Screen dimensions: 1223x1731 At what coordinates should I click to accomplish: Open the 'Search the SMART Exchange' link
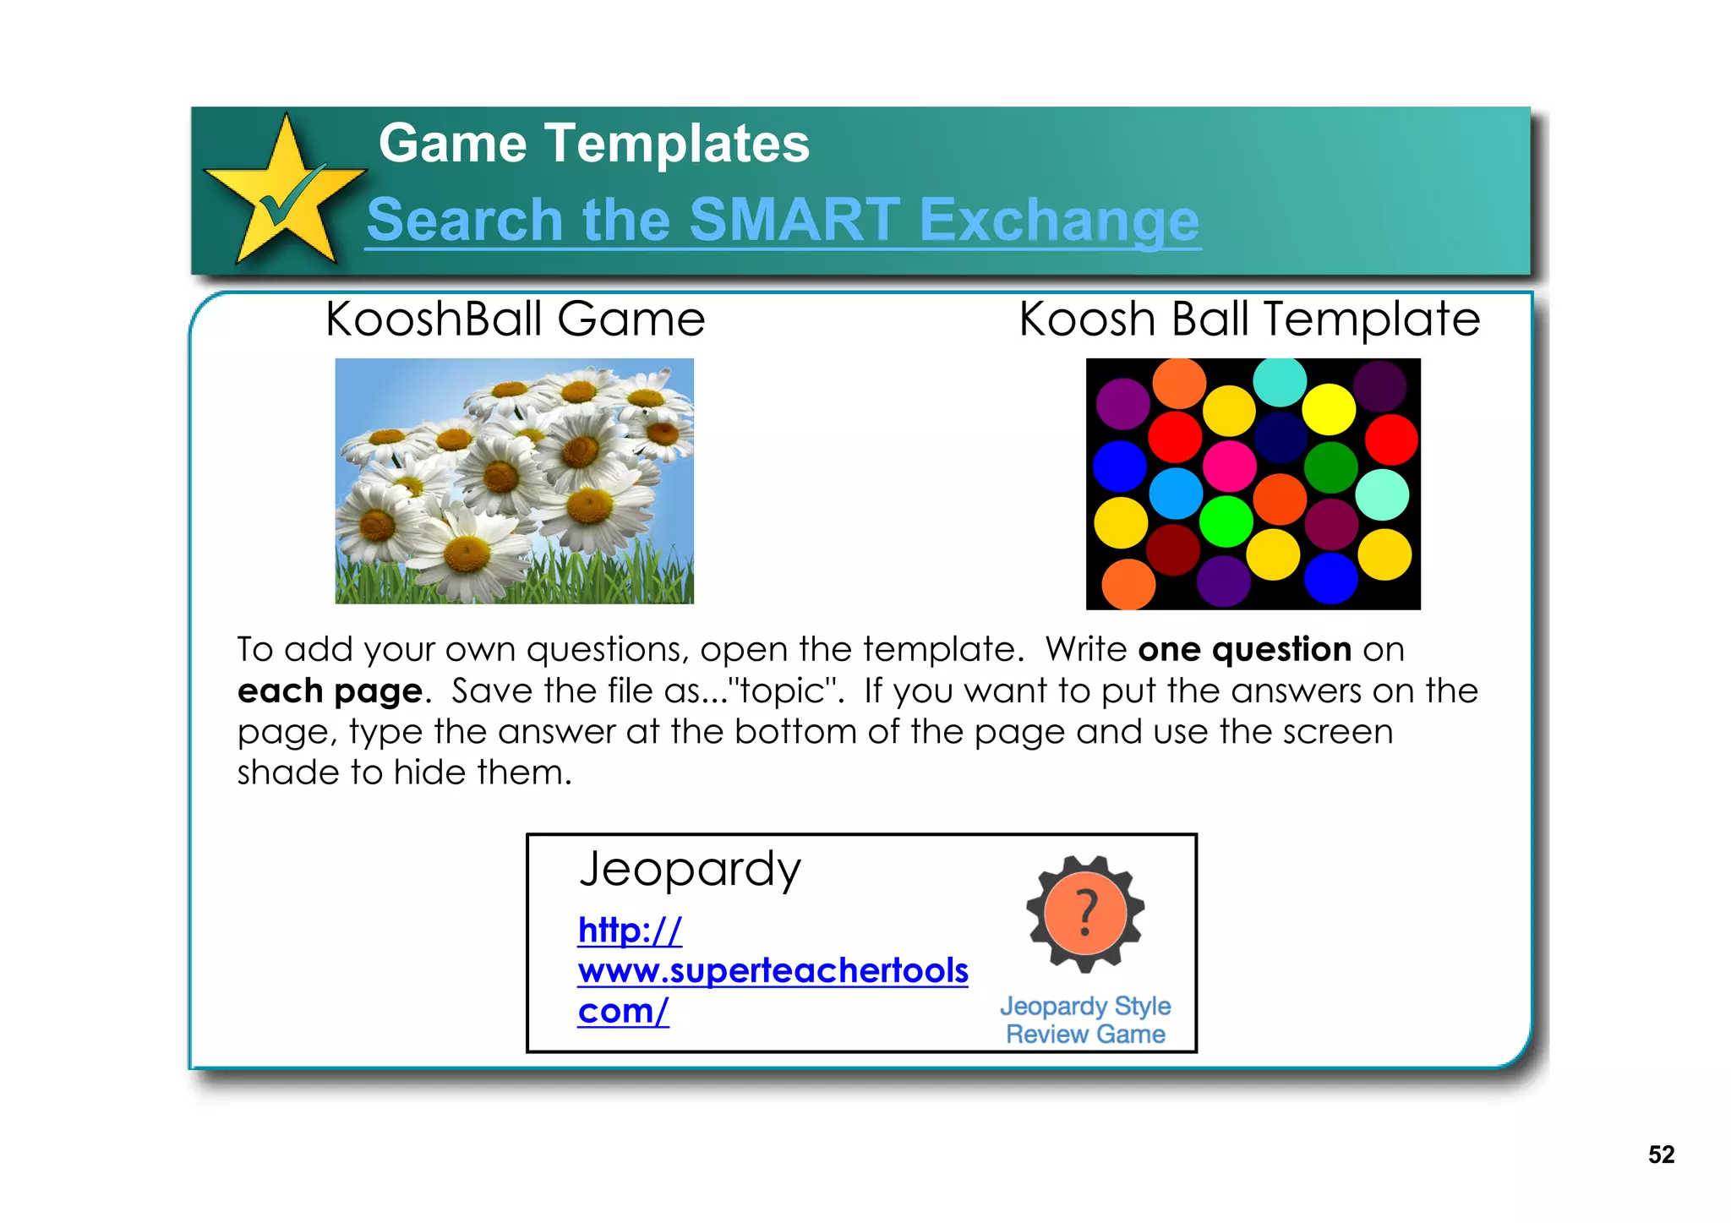coord(783,220)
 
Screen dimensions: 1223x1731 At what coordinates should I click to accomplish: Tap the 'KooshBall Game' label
coord(515,319)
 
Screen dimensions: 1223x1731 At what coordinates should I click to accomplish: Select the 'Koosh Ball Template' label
coord(1249,319)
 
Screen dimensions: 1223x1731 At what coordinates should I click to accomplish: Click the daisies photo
coord(514,480)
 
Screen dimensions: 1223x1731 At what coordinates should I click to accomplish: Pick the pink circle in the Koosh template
coord(1229,465)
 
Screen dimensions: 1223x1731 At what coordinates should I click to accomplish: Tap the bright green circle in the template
coord(1226,521)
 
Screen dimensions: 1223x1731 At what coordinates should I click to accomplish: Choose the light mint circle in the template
coord(1382,494)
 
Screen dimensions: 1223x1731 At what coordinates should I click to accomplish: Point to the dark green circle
coord(1330,467)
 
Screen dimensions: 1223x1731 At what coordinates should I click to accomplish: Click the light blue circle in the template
coord(1176,493)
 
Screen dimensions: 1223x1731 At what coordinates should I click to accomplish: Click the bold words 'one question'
coord(1244,649)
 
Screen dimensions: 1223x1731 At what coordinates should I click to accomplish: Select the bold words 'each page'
coord(330,691)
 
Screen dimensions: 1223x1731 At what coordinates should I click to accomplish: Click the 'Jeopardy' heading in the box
coord(690,869)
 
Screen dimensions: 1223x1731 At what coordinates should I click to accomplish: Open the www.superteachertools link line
coord(773,970)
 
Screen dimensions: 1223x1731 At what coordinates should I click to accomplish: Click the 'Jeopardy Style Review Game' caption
coord(1085,1020)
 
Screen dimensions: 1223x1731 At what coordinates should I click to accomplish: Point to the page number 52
coord(1661,1155)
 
